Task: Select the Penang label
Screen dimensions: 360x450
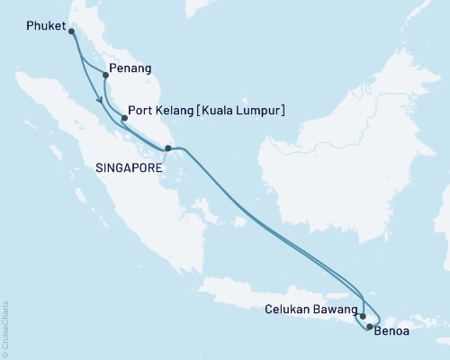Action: [x=129, y=68]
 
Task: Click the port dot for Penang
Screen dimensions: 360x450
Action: [x=105, y=76]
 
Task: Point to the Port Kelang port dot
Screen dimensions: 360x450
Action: [x=123, y=115]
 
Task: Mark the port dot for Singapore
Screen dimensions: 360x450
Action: [x=167, y=148]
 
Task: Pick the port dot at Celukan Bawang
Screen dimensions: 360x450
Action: [x=362, y=316]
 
